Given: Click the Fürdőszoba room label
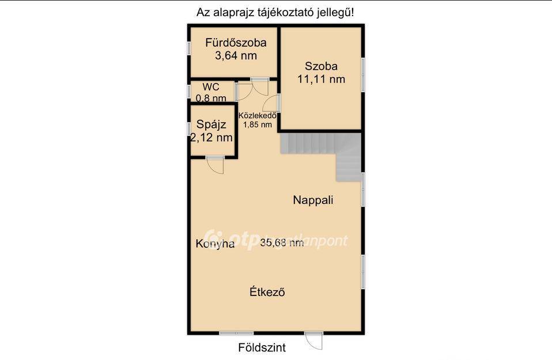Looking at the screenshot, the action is (x=236, y=43).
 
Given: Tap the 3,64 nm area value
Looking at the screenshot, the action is (x=236, y=56).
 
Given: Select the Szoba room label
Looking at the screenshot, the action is (x=321, y=66).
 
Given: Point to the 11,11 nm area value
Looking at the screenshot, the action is (x=321, y=79).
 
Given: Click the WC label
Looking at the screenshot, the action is (x=211, y=87).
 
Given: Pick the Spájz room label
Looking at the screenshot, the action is (x=211, y=124).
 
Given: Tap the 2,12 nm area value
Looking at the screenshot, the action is (x=211, y=137).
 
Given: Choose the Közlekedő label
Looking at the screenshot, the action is (x=258, y=115).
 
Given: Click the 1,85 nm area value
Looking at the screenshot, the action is (x=258, y=124).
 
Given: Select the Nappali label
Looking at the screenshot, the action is (x=313, y=200).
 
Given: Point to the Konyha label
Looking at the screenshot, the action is (x=215, y=244).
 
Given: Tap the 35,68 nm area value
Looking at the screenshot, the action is (x=282, y=242).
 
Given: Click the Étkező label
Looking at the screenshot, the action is (x=267, y=292).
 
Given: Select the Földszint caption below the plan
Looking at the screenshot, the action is (x=262, y=348).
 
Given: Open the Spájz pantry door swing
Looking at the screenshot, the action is (x=215, y=165).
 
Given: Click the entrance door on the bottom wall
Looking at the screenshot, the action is (x=314, y=340).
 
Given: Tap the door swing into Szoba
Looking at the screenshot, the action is (x=271, y=103).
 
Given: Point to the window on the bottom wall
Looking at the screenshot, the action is (x=236, y=333).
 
